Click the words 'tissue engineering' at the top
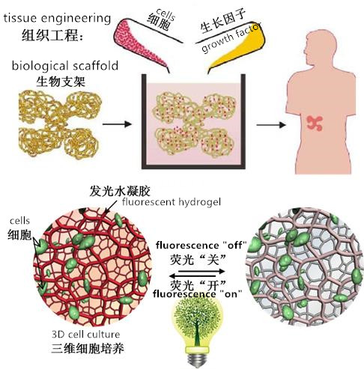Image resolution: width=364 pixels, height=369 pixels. (57, 19)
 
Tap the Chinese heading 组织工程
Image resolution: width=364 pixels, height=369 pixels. (52, 35)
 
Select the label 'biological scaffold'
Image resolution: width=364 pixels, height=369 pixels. (65, 66)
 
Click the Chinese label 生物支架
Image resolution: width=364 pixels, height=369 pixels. (61, 82)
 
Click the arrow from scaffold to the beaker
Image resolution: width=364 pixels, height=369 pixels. (117, 124)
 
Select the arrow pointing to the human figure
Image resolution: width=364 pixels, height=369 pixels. (271, 125)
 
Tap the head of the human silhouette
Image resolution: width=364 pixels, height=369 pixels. (321, 47)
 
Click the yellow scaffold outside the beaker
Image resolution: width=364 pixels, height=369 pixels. (60, 123)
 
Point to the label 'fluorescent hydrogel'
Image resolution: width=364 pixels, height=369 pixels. (172, 201)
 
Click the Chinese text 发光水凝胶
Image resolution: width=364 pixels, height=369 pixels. (120, 192)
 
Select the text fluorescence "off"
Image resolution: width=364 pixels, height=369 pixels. (201, 246)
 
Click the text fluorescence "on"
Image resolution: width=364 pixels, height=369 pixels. (198, 294)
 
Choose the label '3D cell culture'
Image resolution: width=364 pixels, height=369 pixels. (86, 334)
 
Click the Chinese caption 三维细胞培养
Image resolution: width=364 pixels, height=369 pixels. (88, 348)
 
